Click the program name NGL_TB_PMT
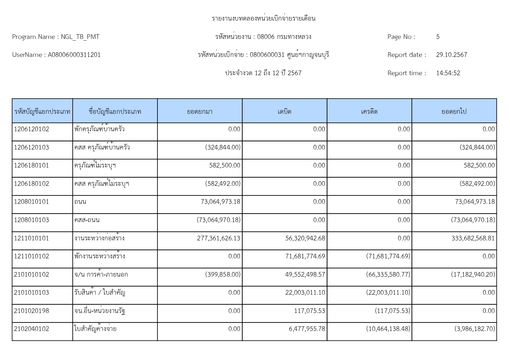point(80,37)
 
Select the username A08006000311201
point(74,55)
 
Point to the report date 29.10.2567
point(451,55)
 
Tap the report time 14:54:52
point(448,73)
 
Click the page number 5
point(438,37)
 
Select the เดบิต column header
point(284,111)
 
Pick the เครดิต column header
point(369,111)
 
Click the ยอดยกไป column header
point(454,111)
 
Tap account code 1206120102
point(32,129)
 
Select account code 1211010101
point(32,238)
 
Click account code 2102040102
point(32,329)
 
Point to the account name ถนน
point(80,202)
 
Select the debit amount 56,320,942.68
point(305,238)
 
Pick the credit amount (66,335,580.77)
point(388,275)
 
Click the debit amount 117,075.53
point(309,311)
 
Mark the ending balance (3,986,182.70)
point(475,329)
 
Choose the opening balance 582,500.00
point(225,165)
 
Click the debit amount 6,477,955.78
point(307,329)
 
